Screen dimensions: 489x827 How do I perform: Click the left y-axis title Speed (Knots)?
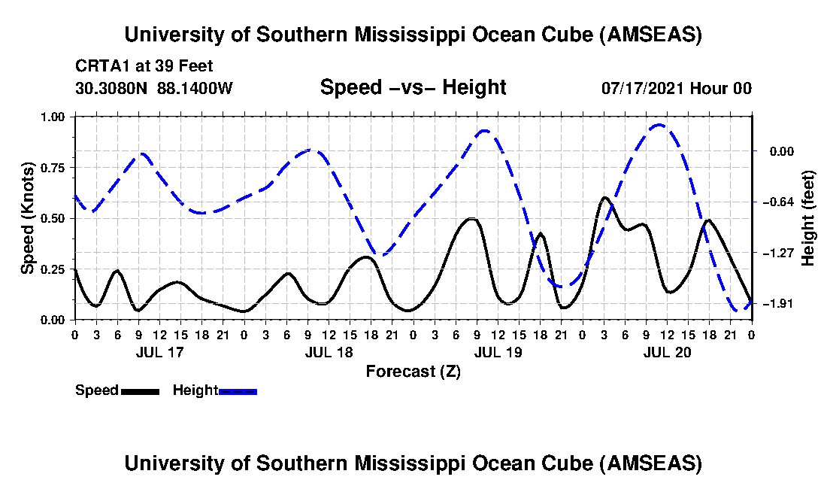28,217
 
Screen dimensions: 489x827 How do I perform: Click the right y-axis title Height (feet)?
808,218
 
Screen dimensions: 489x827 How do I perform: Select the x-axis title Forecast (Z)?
413,371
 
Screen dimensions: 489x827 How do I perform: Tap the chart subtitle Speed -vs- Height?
413,87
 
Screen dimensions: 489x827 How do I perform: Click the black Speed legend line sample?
139,391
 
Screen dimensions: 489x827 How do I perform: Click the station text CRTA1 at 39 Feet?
144,65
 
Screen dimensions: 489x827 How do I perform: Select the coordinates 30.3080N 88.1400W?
154,88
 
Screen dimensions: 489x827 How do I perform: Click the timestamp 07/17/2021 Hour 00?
676,88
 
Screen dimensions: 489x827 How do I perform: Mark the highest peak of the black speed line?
604,198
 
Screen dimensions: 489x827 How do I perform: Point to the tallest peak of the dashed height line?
659,125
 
